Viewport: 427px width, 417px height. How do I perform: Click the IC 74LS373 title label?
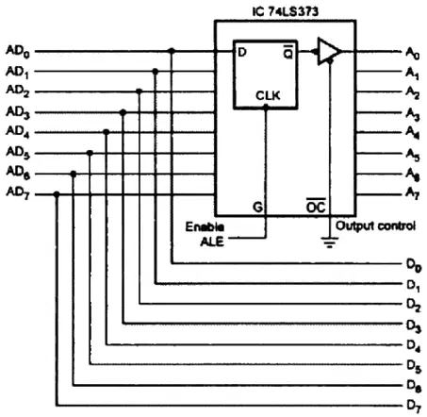click(286, 11)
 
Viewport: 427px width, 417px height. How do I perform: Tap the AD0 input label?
click(18, 51)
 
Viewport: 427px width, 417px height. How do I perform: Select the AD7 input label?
click(18, 192)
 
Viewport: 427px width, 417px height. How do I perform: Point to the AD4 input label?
click(18, 131)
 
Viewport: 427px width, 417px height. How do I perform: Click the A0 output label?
click(413, 53)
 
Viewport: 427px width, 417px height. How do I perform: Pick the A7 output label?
click(413, 192)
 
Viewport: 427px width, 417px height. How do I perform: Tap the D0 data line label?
click(414, 265)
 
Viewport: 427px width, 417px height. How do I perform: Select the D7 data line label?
click(414, 407)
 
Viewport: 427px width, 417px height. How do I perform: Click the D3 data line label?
click(414, 325)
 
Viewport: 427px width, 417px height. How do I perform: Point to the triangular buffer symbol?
click(328, 51)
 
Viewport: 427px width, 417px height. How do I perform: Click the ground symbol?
click(329, 242)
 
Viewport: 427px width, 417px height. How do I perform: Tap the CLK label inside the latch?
click(268, 95)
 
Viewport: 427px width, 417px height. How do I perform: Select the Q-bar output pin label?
click(288, 53)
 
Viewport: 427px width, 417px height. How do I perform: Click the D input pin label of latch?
click(242, 52)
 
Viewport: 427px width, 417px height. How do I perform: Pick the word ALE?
click(212, 242)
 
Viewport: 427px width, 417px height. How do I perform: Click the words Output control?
click(376, 225)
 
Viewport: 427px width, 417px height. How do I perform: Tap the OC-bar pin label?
click(316, 206)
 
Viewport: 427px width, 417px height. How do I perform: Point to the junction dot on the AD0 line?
click(172, 51)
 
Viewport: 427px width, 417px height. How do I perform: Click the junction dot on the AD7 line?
click(57, 194)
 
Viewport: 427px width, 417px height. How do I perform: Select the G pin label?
click(257, 208)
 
